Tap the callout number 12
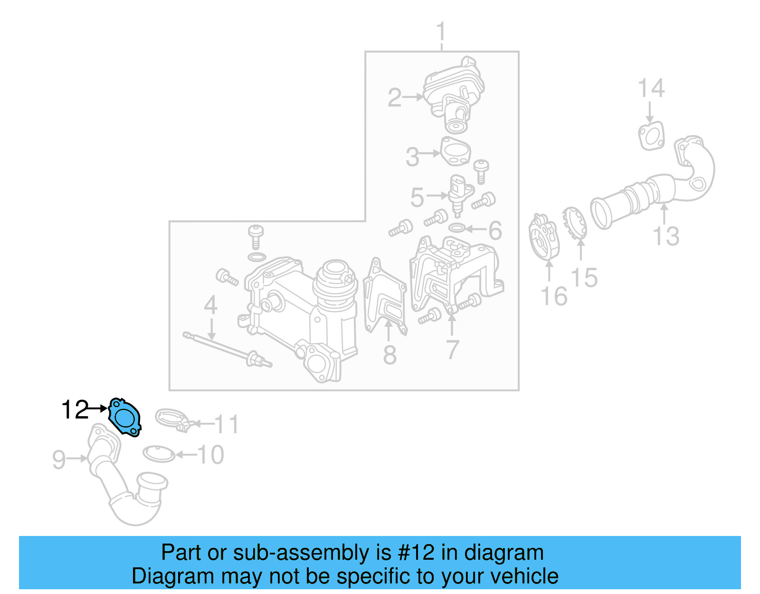75,409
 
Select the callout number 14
651,89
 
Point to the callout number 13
666,236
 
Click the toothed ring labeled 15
575,224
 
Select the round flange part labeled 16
544,237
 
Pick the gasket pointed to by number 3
456,152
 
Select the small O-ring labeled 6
456,229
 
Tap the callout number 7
452,350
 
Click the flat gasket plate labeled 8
385,297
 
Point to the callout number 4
210,305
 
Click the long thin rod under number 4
223,349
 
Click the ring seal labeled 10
159,454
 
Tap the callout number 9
59,459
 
